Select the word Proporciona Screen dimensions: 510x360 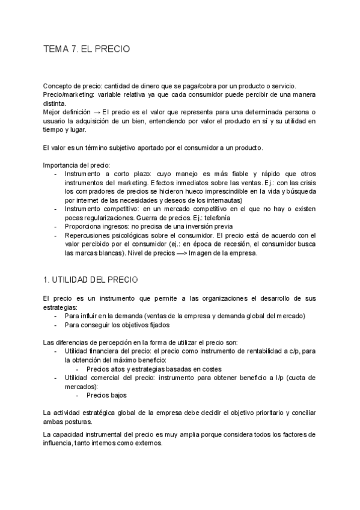[x=83, y=227]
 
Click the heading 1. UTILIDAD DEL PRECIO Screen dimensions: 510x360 [x=91, y=280]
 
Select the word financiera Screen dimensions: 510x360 [x=105, y=351]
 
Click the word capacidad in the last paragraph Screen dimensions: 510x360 [x=69, y=434]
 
